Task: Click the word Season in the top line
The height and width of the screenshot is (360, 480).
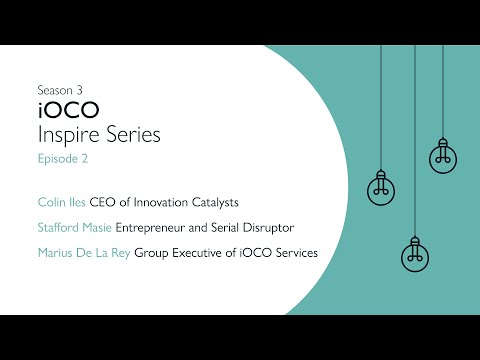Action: point(53,88)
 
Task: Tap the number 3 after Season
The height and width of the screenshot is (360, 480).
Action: point(80,88)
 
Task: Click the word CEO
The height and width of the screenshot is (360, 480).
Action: point(102,202)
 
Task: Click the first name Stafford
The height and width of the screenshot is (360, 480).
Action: point(57,227)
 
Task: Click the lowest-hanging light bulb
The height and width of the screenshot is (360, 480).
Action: point(413,250)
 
